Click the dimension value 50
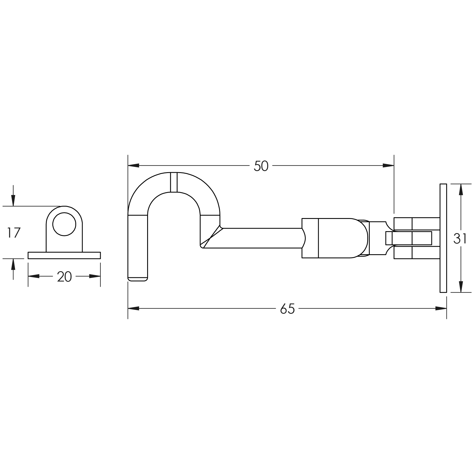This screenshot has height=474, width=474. (261, 166)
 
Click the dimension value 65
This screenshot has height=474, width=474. (287, 309)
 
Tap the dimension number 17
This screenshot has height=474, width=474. (14, 233)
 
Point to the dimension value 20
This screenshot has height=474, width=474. (64, 277)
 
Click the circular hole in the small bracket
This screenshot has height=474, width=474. (64, 224)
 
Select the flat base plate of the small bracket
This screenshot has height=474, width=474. (64, 255)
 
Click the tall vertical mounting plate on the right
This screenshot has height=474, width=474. (443, 238)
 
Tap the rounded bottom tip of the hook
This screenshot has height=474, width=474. (137, 279)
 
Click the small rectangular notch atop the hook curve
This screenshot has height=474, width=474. (174, 182)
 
